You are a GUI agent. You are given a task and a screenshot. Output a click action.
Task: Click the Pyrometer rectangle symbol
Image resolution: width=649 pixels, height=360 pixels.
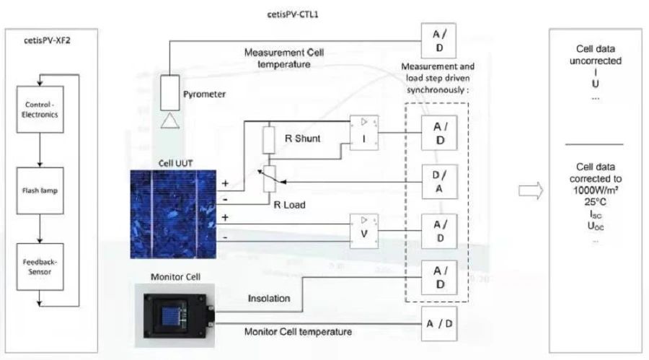170,92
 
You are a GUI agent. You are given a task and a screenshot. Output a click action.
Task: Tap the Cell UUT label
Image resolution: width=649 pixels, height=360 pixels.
176,162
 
